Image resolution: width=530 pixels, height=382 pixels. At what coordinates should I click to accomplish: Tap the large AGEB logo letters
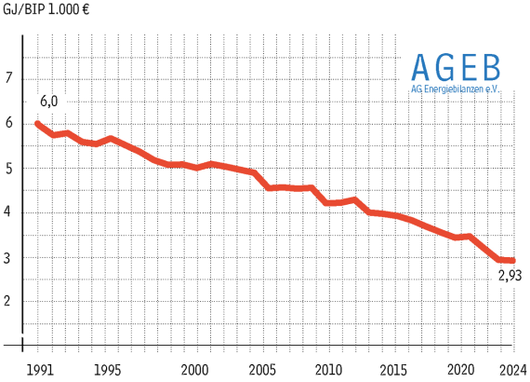[456, 67]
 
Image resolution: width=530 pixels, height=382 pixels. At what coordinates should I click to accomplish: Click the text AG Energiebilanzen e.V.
[456, 89]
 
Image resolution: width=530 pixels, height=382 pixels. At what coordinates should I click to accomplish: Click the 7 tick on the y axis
[9, 78]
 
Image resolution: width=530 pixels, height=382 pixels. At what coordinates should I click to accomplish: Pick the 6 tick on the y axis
[9, 123]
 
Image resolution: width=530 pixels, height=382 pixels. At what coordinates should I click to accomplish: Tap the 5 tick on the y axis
[9, 168]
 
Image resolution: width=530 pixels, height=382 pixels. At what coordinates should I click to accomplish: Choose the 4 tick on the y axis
[9, 211]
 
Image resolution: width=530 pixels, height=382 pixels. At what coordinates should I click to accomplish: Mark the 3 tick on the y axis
[9, 256]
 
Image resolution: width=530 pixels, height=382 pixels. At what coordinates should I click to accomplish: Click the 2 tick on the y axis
[9, 300]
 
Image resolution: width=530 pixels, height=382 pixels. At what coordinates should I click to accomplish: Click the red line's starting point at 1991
[37, 123]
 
